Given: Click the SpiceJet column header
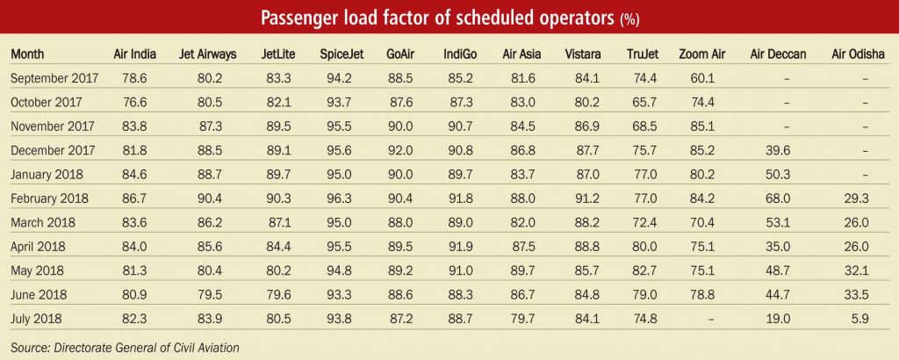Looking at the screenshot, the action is pyautogui.click(x=341, y=54).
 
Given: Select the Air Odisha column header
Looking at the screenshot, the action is pyautogui.click(x=858, y=54).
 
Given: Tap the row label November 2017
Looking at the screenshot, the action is pyautogui.click(x=54, y=126).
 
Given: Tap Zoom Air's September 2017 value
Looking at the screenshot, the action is pyautogui.click(x=702, y=78).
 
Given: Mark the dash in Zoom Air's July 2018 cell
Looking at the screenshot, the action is pyautogui.click(x=711, y=320).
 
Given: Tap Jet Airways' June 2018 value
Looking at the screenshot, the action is pyautogui.click(x=198, y=295).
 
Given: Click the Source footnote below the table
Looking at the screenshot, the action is pyautogui.click(x=125, y=347).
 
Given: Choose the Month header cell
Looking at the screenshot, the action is pyautogui.click(x=27, y=54).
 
